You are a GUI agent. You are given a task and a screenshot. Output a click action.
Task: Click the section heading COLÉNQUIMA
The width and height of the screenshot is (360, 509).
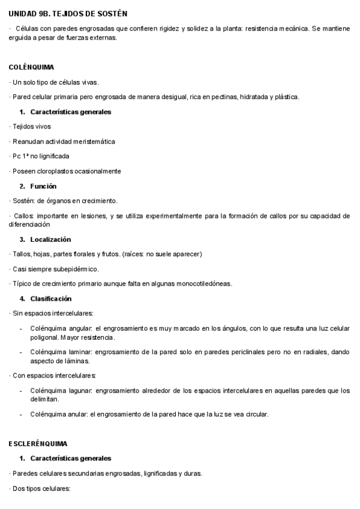point(32,67)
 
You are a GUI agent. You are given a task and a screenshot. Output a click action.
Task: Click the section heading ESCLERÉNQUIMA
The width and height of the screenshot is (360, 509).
point(38,444)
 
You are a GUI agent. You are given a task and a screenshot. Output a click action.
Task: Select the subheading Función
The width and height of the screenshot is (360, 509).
point(43,186)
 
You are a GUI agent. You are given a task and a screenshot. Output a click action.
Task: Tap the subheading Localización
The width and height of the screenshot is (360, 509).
point(50,239)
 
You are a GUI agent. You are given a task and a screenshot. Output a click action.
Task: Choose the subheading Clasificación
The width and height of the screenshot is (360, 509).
point(50,298)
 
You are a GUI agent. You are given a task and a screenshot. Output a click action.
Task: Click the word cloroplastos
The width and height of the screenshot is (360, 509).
point(54,171)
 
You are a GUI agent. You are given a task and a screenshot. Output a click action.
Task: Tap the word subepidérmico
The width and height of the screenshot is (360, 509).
point(74,269)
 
